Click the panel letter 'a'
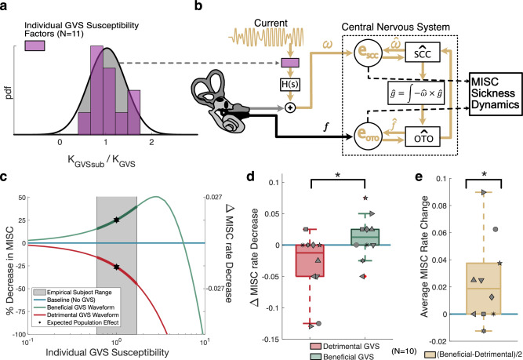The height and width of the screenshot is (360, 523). pos(6,7)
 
